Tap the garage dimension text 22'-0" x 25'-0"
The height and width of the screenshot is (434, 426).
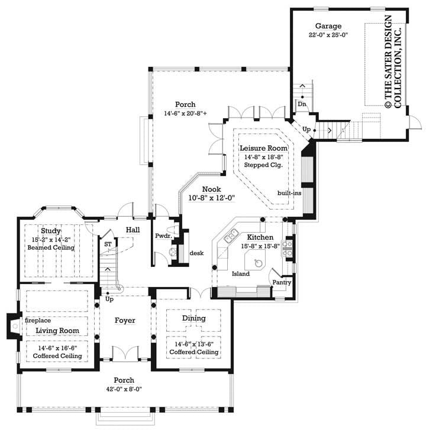[327, 35]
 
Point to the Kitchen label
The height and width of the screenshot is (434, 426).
[256, 236]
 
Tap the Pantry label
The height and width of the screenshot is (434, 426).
[280, 283]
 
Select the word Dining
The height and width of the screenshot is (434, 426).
[193, 318]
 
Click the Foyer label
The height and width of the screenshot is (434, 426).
[125, 321]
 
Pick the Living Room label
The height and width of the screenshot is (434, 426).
[57, 330]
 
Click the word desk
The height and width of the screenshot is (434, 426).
[196, 253]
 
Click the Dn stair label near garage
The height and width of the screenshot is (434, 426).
[302, 104]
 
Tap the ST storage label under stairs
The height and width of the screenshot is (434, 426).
[108, 243]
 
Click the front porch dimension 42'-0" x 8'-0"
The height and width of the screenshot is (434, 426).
[124, 389]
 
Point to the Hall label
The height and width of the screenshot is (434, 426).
[132, 230]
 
